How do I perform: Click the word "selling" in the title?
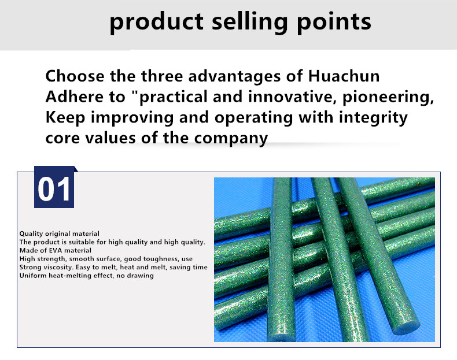249,23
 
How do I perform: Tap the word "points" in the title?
334,23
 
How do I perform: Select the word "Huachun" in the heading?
344,76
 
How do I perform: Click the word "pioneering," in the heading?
388,97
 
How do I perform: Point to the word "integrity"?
373,118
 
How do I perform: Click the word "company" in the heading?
231,139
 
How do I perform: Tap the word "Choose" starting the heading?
75,76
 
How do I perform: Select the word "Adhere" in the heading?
75,97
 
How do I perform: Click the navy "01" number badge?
54,187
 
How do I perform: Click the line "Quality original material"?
60,233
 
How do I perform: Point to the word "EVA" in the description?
56,251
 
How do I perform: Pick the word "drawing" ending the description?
140,276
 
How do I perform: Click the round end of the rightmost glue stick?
406,327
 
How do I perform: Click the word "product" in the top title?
156,23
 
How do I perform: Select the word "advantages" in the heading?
234,76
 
